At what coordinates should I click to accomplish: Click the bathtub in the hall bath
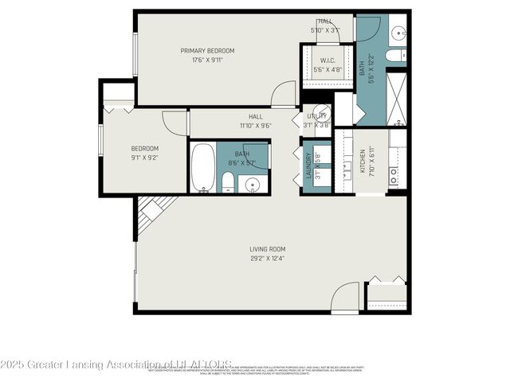[x=202, y=167]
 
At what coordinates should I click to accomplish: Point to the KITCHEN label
[x=362, y=161]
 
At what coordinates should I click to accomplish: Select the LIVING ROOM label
[x=268, y=249]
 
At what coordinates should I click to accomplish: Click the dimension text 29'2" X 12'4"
[x=268, y=258]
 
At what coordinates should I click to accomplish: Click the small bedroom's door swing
[x=175, y=123]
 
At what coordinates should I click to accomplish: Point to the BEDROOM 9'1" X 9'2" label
[x=145, y=153]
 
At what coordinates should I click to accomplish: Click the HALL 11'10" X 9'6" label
[x=256, y=120]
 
